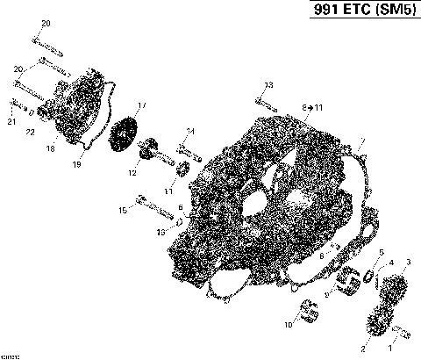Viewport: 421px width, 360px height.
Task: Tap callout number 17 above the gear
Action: [142, 105]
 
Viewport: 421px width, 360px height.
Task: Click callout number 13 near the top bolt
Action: [269, 84]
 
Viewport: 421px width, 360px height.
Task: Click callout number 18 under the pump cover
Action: [51, 150]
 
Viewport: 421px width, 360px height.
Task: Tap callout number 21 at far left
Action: [11, 121]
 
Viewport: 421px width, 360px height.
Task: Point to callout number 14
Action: [190, 132]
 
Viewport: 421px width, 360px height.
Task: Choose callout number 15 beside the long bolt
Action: [121, 210]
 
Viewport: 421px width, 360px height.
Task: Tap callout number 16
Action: [161, 231]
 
